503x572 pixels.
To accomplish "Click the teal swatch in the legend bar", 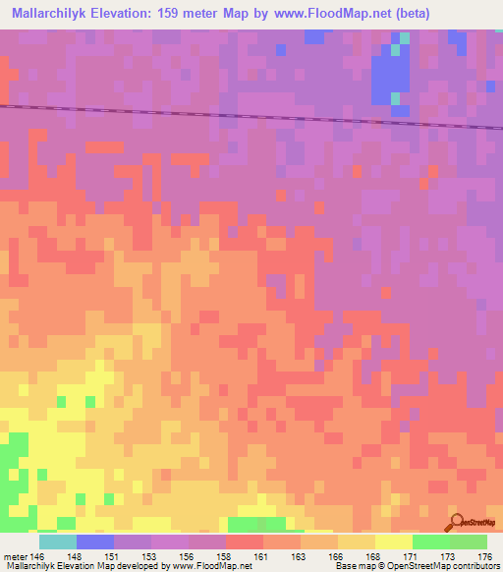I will click(58, 542).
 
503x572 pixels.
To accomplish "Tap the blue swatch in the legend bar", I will click(95, 542).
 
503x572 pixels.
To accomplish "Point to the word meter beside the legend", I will click(16, 556).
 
